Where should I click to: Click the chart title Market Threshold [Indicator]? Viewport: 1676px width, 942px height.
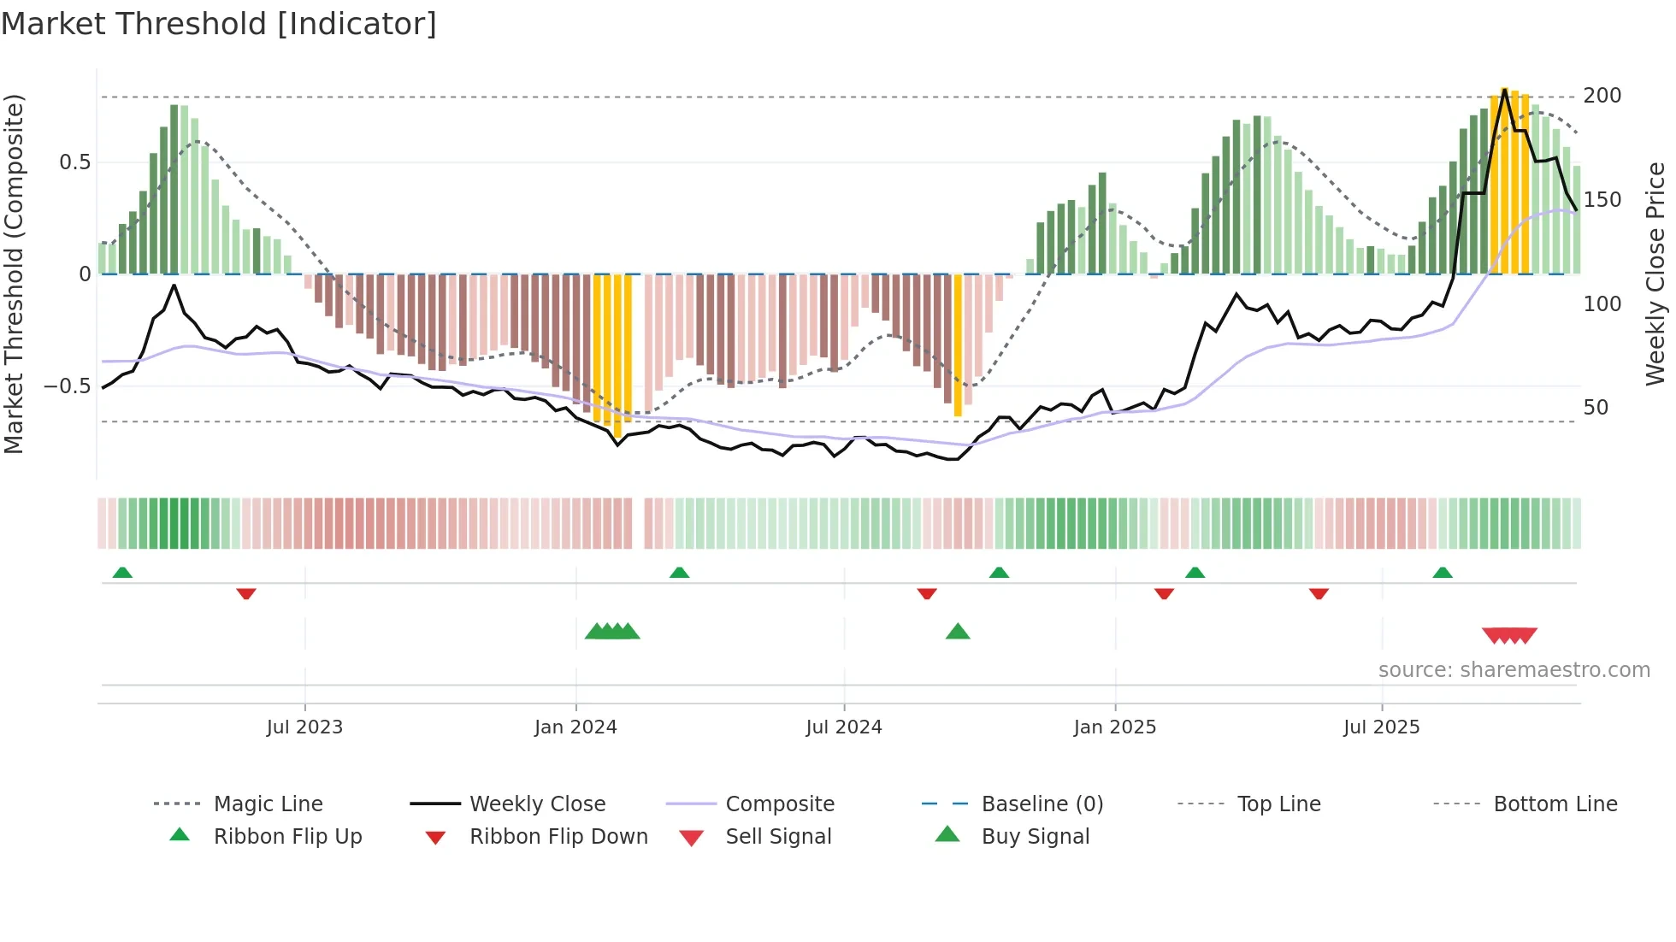point(219,24)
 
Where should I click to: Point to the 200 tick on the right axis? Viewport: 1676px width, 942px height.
point(1602,96)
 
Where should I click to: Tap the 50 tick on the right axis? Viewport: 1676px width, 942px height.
point(1596,408)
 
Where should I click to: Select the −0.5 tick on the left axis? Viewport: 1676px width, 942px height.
point(67,386)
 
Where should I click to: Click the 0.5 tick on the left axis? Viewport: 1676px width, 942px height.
point(74,162)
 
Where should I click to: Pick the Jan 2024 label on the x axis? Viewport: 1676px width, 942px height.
point(575,727)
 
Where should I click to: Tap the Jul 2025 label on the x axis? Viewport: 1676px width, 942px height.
point(1381,727)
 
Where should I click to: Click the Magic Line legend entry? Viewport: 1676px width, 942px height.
point(268,804)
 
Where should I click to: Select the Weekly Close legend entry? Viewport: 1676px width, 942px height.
point(537,804)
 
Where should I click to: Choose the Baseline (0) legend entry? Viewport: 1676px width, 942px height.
point(1042,804)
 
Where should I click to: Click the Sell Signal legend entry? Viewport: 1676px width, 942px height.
point(777,837)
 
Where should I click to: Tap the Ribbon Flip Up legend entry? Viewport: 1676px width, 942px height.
point(287,837)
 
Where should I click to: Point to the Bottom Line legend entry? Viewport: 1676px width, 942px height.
point(1555,804)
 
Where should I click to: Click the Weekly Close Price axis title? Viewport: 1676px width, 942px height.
point(1655,274)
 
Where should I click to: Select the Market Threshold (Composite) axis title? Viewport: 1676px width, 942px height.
point(14,274)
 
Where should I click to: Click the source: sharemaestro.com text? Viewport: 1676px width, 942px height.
point(1514,670)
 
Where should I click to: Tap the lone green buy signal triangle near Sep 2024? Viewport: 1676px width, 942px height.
point(958,633)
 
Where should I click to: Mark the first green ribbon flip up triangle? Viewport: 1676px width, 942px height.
point(122,573)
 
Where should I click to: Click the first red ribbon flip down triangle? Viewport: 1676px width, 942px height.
point(246,593)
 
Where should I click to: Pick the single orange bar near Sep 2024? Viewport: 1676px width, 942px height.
point(958,345)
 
